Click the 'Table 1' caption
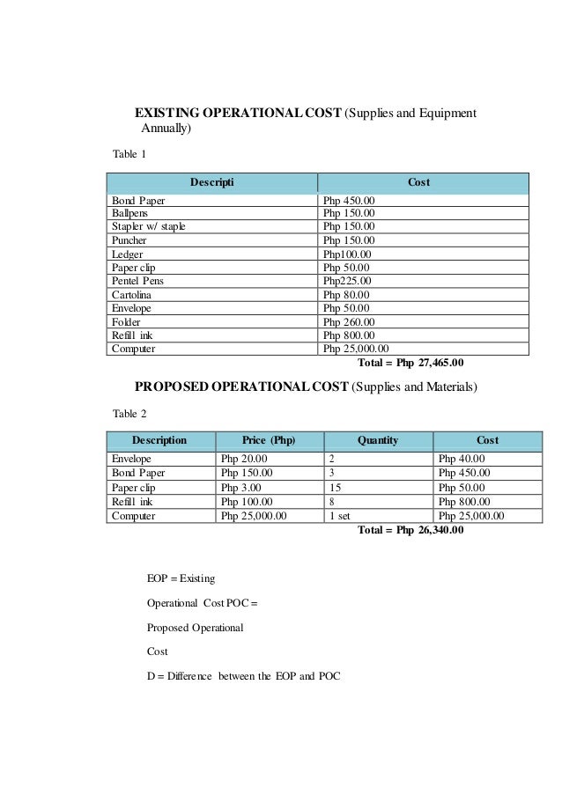click(129, 155)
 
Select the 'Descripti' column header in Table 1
click(211, 182)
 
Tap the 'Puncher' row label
click(129, 239)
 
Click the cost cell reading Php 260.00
click(348, 321)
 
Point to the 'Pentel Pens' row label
click(137, 281)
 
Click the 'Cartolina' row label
click(132, 294)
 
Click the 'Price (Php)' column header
click(269, 439)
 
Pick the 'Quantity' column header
click(378, 439)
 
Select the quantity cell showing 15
click(334, 486)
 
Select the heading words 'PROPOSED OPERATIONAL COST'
click(240, 386)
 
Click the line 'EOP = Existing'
click(181, 578)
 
